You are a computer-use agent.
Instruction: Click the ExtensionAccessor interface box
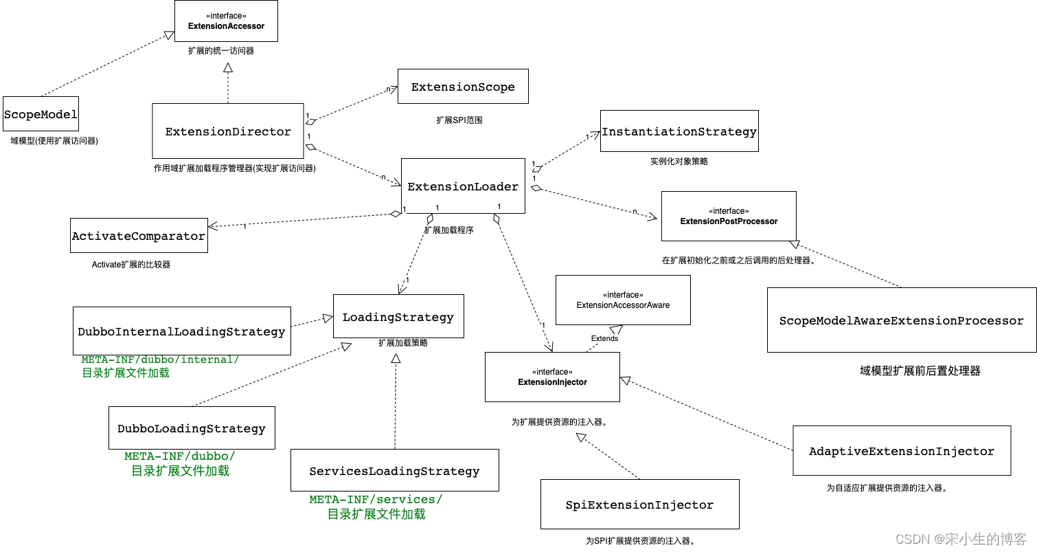[x=226, y=21]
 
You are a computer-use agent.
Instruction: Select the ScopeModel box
[x=41, y=114]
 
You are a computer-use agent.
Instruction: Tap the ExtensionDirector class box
[x=228, y=131]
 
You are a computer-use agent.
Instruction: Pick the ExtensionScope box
[x=463, y=87]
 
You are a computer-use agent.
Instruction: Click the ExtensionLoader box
[x=463, y=186]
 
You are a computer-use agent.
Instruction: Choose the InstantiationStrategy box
[x=679, y=131]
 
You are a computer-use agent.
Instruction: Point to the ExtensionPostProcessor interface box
[x=729, y=217]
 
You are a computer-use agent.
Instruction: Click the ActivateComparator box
[x=139, y=236]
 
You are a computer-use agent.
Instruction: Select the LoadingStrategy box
[x=398, y=317]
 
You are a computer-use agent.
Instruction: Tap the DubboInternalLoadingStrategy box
[x=181, y=331]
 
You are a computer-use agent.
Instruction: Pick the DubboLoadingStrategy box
[x=192, y=428]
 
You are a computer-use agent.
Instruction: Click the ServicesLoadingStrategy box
[x=394, y=471]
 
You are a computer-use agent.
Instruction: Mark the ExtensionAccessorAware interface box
[x=623, y=300]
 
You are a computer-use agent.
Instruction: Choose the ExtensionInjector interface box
[x=552, y=377]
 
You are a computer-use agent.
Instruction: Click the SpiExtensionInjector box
[x=639, y=505]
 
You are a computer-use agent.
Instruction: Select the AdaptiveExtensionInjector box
[x=902, y=451]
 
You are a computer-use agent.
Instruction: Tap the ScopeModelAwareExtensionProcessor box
[x=901, y=320]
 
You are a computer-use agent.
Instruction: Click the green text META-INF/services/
[x=376, y=499]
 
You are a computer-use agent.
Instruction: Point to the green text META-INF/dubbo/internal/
[x=161, y=360]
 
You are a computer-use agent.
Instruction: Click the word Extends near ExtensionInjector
[x=604, y=338]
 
